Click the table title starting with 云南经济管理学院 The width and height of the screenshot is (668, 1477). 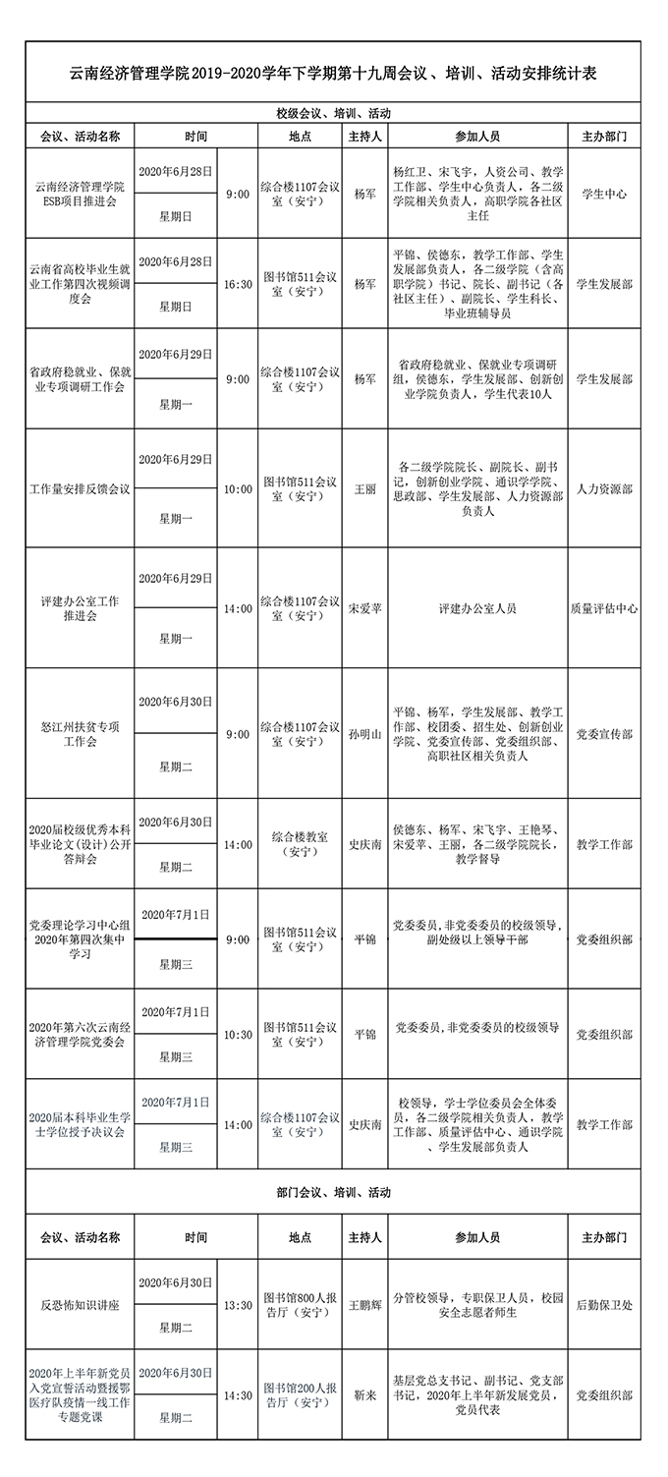tap(334, 73)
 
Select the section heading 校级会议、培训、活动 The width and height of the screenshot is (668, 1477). tap(334, 113)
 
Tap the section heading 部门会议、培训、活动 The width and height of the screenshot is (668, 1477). tap(334, 1192)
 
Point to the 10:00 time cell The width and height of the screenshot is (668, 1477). tap(238, 488)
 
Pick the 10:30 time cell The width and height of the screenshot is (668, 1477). tap(238, 1035)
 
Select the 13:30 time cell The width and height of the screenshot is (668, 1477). tap(238, 1306)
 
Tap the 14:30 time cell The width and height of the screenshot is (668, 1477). tap(238, 1395)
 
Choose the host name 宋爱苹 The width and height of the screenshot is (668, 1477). tap(364, 608)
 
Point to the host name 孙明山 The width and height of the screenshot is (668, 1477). tap(364, 734)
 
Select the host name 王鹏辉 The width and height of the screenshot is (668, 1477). tap(364, 1306)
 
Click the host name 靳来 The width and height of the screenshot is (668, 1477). tap(364, 1395)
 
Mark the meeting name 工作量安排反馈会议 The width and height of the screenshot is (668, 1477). tap(80, 488)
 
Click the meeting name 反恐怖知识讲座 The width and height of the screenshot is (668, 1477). tap(80, 1306)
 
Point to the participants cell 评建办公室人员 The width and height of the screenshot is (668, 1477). tap(477, 608)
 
